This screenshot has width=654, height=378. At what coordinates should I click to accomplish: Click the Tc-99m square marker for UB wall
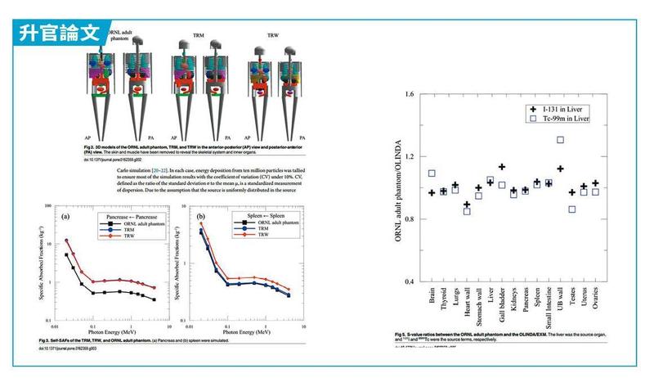pyautogui.click(x=560, y=139)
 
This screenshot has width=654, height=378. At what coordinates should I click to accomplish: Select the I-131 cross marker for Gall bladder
pyautogui.click(x=502, y=167)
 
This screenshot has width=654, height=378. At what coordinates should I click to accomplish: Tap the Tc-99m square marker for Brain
pyautogui.click(x=432, y=173)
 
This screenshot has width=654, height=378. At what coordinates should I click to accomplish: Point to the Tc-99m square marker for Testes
pyautogui.click(x=572, y=209)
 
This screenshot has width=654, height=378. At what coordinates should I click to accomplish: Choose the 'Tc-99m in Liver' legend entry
pyautogui.click(x=558, y=119)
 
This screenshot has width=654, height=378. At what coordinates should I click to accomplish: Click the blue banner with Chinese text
pyautogui.click(x=58, y=32)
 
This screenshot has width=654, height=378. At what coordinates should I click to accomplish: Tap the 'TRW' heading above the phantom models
pyautogui.click(x=275, y=34)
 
